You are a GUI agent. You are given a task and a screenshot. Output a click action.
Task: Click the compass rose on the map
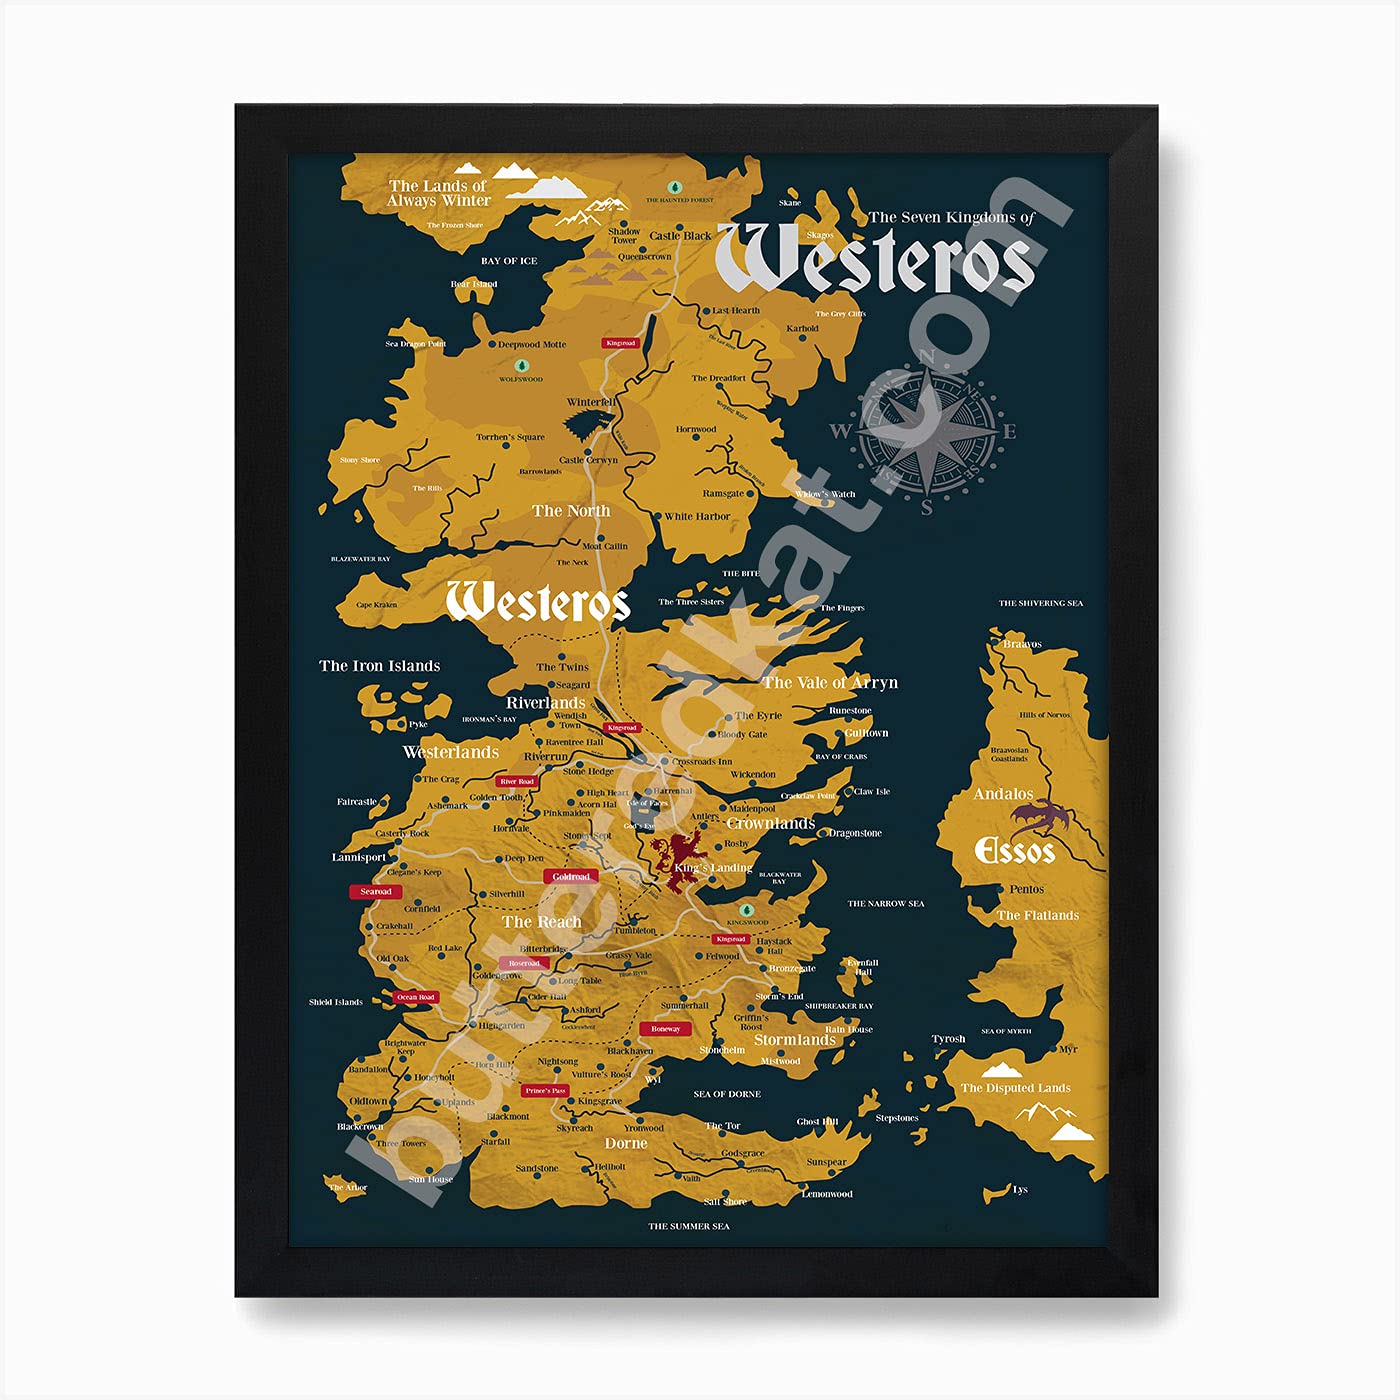928,432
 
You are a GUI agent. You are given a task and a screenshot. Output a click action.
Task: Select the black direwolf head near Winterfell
581,425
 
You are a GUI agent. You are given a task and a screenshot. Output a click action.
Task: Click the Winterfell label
591,402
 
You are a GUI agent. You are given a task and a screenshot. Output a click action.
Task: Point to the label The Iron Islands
379,666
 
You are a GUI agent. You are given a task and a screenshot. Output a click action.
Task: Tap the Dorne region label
626,1143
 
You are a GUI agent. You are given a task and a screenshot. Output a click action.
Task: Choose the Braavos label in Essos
1022,644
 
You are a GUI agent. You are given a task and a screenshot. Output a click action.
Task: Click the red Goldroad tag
571,877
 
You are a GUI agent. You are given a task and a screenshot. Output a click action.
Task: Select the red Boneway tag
665,1029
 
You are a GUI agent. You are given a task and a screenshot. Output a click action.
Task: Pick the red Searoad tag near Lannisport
375,891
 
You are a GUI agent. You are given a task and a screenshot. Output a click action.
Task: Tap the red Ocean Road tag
415,997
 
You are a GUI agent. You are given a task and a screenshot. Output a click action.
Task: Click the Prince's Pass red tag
545,1091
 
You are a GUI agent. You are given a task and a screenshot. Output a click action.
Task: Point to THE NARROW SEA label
885,904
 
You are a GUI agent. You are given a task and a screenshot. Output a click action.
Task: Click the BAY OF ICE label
509,261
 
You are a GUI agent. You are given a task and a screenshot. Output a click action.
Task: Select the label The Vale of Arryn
830,683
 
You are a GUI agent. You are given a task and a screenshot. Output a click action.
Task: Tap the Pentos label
1026,889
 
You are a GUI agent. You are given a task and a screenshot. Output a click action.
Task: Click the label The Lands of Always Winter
439,193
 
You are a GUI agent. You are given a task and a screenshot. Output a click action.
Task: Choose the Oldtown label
368,1101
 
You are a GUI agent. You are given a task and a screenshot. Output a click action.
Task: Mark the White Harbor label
697,517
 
